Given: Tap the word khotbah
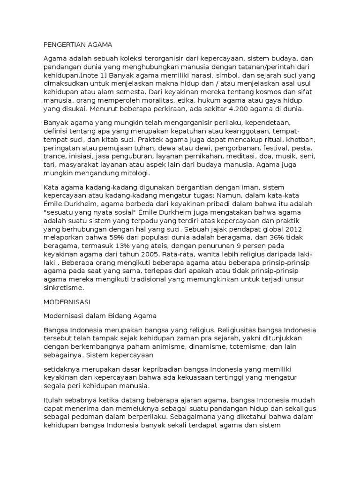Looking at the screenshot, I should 301,140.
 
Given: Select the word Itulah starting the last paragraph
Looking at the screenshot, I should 53,399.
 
